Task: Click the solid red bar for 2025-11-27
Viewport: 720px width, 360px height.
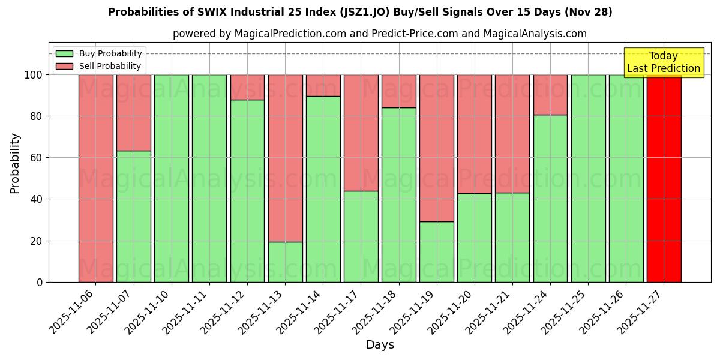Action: click(664, 178)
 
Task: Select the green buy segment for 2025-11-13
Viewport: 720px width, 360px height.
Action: click(285, 262)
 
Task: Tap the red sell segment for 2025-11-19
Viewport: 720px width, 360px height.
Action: click(437, 148)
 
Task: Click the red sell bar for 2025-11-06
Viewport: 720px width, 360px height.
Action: click(95, 178)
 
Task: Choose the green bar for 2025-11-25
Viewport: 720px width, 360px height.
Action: click(588, 178)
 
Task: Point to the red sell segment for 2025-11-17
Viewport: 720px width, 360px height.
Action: click(361, 133)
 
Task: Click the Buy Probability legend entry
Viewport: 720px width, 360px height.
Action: click(99, 53)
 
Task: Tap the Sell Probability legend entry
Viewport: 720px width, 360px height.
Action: click(99, 66)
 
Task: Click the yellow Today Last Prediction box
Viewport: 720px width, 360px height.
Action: click(664, 62)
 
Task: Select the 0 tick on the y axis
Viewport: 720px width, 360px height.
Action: click(40, 282)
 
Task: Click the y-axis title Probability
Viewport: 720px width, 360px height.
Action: click(15, 163)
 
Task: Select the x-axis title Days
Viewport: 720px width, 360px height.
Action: click(380, 345)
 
